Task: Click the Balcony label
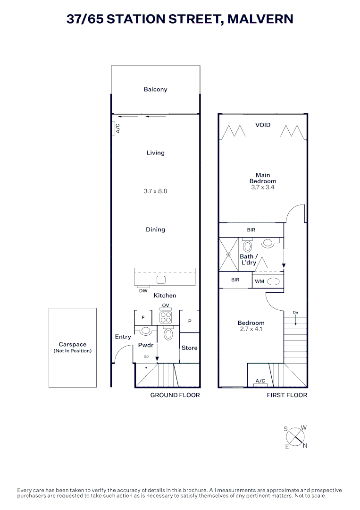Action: (155, 89)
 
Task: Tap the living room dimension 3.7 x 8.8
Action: (155, 191)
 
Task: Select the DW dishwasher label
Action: (143, 291)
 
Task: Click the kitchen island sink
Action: (161, 280)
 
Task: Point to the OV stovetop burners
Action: (165, 317)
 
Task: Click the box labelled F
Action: (143, 318)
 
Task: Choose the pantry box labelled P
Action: (190, 321)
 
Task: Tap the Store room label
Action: (189, 348)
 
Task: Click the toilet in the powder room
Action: (168, 334)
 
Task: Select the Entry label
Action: (123, 337)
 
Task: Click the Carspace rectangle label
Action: (73, 345)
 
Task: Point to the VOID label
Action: (263, 125)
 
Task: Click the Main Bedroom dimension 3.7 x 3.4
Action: (263, 187)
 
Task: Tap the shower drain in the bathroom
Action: (228, 255)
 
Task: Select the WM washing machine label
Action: (259, 281)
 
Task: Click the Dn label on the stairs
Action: (295, 313)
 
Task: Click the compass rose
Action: (295, 437)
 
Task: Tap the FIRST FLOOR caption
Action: (287, 395)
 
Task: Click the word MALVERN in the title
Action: (260, 19)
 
